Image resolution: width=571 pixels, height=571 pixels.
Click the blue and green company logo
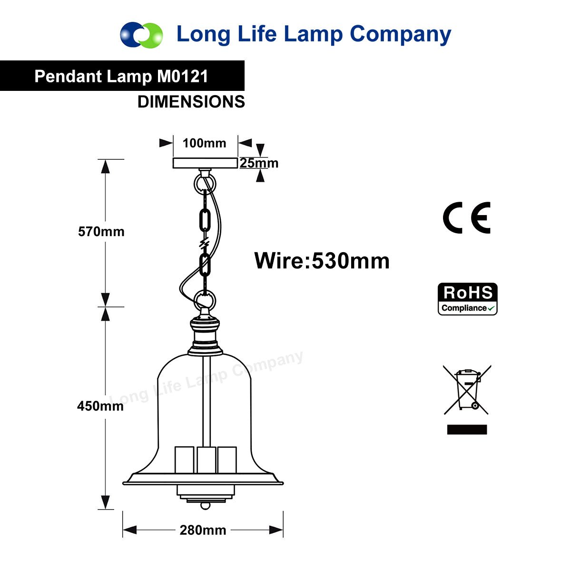click(141, 35)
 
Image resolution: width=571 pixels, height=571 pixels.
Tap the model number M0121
click(183, 76)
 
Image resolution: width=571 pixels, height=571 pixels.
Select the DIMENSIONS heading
click(191, 102)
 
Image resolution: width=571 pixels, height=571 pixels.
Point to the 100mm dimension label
click(205, 143)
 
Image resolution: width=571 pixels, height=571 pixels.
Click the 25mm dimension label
click(259, 163)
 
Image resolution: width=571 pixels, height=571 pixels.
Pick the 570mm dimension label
click(101, 231)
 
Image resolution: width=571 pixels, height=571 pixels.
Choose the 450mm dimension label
click(100, 406)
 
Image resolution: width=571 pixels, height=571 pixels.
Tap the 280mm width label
click(203, 530)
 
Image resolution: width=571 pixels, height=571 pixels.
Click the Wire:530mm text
click(322, 261)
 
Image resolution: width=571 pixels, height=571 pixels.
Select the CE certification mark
click(467, 218)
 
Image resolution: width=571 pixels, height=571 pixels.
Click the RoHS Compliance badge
click(468, 299)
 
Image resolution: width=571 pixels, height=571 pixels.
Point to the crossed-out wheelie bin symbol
click(467, 390)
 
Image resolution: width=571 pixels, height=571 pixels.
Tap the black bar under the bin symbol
click(467, 429)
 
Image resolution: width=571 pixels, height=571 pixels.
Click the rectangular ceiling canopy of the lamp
click(206, 163)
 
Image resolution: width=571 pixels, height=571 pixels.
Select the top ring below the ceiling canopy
click(205, 185)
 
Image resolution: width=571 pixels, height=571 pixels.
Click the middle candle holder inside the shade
click(206, 460)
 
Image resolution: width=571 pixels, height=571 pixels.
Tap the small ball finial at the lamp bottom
click(206, 505)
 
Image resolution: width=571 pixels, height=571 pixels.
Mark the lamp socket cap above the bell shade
click(205, 336)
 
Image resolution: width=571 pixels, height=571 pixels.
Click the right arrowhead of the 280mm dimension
click(276, 530)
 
